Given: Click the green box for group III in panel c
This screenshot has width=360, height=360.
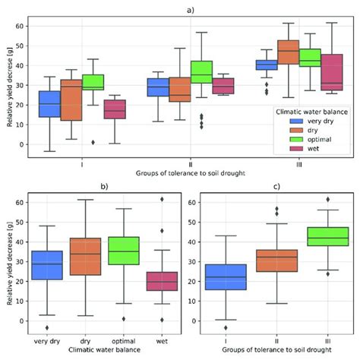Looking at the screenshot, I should (321, 236).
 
